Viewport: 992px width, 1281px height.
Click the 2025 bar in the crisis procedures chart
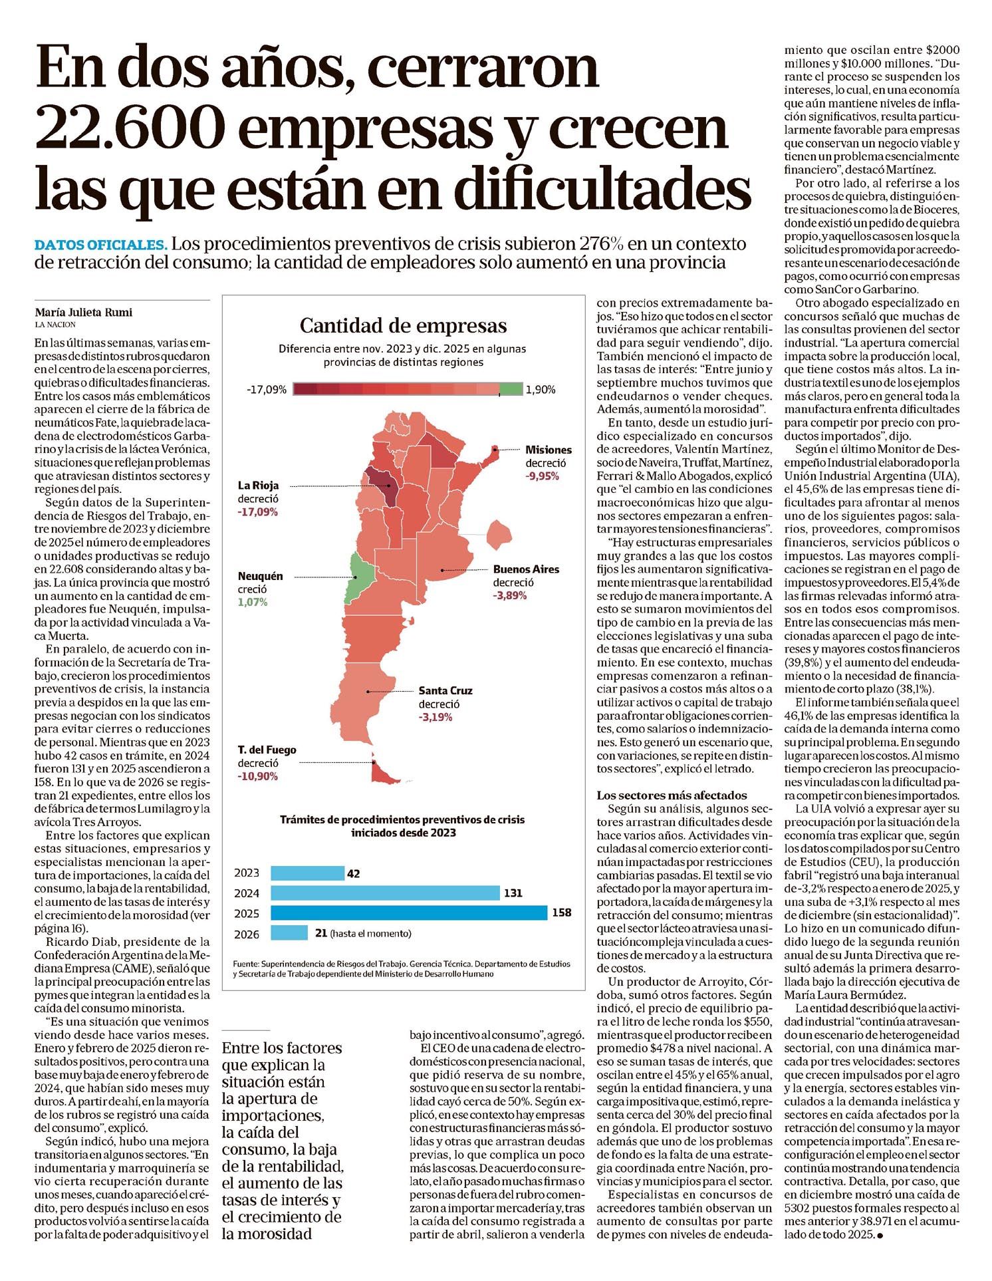408,913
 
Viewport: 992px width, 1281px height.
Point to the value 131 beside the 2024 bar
513,893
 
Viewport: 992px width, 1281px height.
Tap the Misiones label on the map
548,450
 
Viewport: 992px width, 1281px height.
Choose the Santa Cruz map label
445,690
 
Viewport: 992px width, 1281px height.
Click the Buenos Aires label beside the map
525,569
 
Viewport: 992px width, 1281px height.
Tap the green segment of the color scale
511,390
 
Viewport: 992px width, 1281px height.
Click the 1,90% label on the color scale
540,390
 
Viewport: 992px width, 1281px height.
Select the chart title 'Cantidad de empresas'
403,326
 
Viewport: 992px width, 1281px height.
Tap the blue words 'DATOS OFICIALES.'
100,243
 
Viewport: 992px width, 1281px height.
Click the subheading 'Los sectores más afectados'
672,795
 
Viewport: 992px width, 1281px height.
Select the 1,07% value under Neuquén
253,602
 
